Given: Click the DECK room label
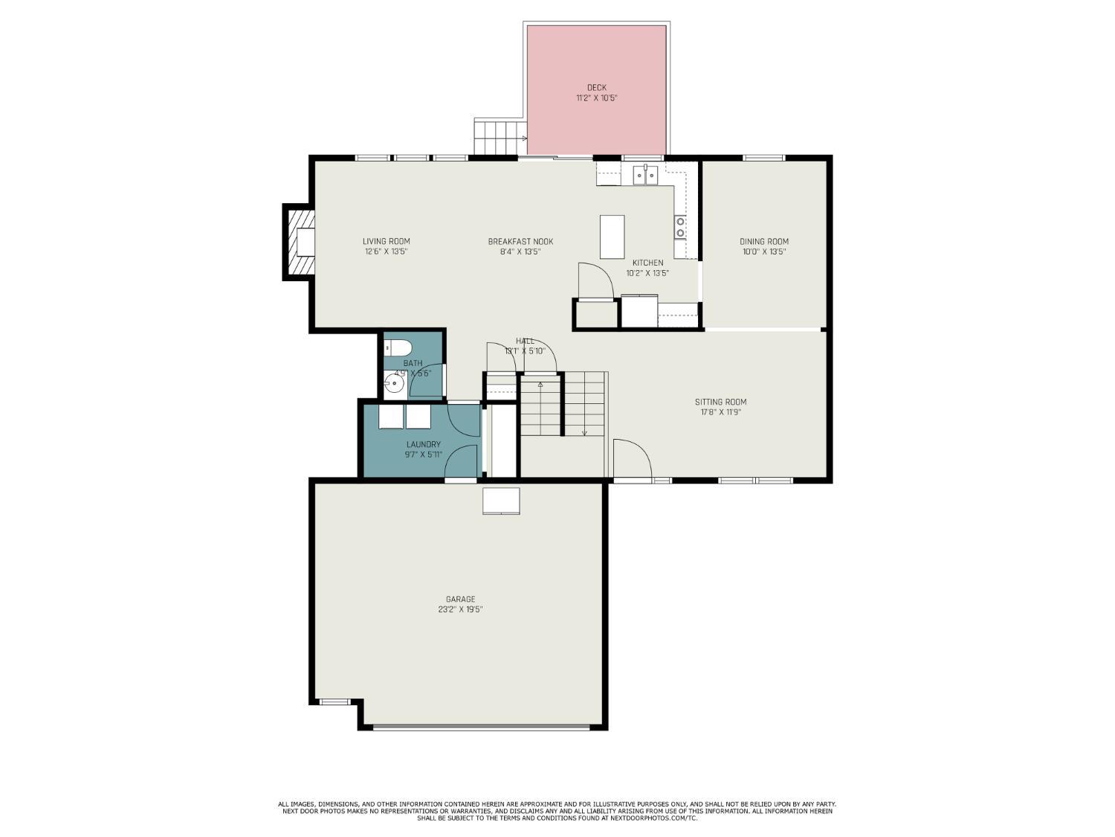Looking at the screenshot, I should (x=596, y=88).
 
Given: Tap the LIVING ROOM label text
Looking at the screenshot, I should (x=386, y=241).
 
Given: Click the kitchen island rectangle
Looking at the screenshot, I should (x=612, y=237).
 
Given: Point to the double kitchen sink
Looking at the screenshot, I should (x=645, y=176).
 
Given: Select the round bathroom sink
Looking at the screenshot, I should (x=394, y=384).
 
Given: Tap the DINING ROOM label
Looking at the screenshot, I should (x=763, y=241).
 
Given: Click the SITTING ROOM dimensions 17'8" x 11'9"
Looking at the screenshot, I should (x=720, y=412).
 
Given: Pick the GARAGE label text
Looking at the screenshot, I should (x=460, y=599).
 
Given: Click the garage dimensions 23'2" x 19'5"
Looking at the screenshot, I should (x=460, y=609).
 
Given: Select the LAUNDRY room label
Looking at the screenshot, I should (x=423, y=445).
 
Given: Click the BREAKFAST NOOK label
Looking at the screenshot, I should (x=520, y=241).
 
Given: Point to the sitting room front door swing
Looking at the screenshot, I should (x=633, y=460).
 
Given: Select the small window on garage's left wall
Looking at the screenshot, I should (x=334, y=701).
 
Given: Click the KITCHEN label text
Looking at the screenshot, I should (x=647, y=263).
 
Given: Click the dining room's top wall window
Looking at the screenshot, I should (x=763, y=158).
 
